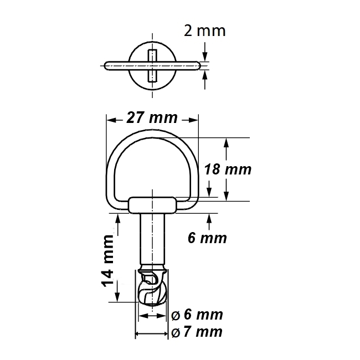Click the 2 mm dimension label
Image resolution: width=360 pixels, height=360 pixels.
pos(204,30)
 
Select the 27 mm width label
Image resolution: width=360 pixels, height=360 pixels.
pos(152,118)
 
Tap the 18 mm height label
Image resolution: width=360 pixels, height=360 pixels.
pos(227,169)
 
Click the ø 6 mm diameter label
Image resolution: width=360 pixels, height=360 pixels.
pos(197,315)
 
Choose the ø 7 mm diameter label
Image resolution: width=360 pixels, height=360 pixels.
pos(197,332)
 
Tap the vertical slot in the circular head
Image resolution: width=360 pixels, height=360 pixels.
pos(152,65)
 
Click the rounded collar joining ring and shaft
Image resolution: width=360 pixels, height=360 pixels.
pos(152,205)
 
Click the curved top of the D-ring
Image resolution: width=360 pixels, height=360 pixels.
pos(152,133)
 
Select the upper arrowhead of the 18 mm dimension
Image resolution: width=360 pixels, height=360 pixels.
pos(225,142)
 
